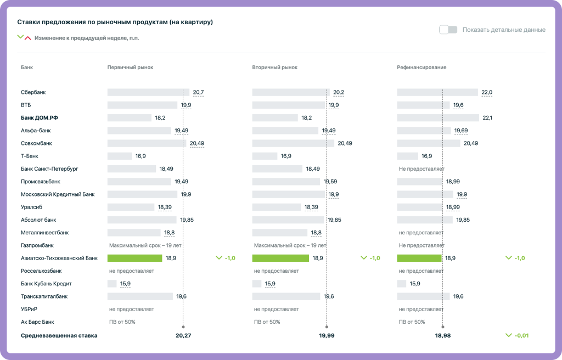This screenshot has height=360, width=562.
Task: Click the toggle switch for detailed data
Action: point(448,30)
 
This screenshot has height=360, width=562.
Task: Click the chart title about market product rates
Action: point(115,22)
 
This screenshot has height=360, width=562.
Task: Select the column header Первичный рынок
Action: point(130,67)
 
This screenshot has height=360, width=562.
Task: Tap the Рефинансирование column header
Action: point(421,67)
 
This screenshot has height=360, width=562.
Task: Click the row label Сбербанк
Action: point(33,92)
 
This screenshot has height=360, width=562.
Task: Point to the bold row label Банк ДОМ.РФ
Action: point(39,118)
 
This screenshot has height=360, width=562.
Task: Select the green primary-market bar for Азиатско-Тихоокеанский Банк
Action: point(134,258)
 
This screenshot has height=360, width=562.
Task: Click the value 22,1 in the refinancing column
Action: point(487,118)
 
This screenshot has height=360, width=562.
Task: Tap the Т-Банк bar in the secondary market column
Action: point(265,156)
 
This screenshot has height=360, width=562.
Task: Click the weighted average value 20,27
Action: point(183,335)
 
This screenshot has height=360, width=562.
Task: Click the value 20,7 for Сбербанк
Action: point(198,92)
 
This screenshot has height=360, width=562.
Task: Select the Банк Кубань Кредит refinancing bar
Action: point(401,284)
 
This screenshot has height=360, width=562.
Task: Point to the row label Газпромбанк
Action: point(37,245)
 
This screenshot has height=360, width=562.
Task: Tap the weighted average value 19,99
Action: point(327,335)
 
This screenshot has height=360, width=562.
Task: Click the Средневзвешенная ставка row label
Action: point(59,335)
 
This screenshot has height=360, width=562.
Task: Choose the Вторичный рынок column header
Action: point(274,67)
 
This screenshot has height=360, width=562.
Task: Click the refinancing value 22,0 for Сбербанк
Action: point(487,92)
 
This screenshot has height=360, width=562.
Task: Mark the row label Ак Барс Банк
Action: point(37,322)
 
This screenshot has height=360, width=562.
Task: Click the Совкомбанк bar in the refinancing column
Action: point(428,143)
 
